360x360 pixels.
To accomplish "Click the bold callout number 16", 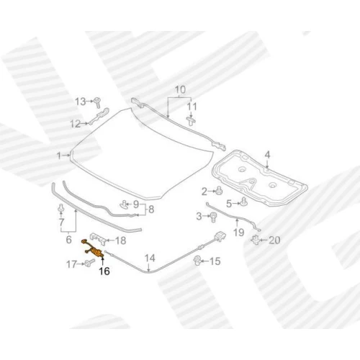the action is pyautogui.click(x=104, y=271).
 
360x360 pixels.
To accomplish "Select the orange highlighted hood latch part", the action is pyautogui.click(x=93, y=248).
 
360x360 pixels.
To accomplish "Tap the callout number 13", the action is pyautogui.click(x=80, y=102).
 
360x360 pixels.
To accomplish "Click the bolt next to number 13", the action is pyautogui.click(x=97, y=102).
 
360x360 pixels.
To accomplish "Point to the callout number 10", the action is pyautogui.click(x=180, y=90).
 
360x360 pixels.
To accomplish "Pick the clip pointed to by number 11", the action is pyautogui.click(x=191, y=121).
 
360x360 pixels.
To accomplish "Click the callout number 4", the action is pyautogui.click(x=267, y=155).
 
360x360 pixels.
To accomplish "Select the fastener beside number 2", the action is pyautogui.click(x=220, y=191).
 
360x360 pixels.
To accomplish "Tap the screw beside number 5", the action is pyautogui.click(x=244, y=202).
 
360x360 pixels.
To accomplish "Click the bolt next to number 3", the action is pyautogui.click(x=213, y=217).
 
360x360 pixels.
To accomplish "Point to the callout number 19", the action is pyautogui.click(x=238, y=233).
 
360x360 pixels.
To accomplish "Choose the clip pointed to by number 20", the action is pyautogui.click(x=256, y=240).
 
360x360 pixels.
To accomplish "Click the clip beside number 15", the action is pyautogui.click(x=198, y=261).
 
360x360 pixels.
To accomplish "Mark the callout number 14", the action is pyautogui.click(x=150, y=258).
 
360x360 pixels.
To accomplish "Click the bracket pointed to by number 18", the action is pyautogui.click(x=98, y=239).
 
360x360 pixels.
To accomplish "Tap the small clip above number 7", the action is pyautogui.click(x=61, y=208).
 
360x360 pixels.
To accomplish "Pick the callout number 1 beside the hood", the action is pyautogui.click(x=59, y=156).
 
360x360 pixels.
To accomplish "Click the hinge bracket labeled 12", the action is pyautogui.click(x=99, y=116).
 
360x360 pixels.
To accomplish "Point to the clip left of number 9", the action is pyautogui.click(x=124, y=204).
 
